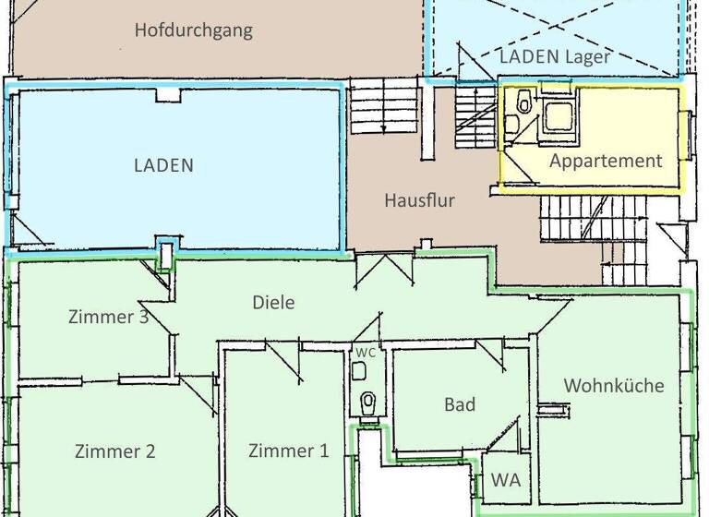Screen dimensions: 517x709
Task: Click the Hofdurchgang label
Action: point(193,30)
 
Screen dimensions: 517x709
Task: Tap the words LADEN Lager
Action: point(554,56)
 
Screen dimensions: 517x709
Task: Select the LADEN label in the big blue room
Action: point(163,166)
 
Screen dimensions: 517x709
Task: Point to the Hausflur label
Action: point(419,199)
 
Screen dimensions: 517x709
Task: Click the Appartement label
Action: point(606,161)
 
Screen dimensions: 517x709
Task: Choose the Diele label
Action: point(273,302)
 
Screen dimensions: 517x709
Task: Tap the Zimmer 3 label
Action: point(108,317)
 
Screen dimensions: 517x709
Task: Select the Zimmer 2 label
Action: point(114,451)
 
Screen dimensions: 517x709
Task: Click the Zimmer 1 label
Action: point(288,451)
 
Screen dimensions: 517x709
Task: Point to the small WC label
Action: point(366,354)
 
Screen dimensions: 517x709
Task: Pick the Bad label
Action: point(460,404)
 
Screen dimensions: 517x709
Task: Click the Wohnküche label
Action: point(614,386)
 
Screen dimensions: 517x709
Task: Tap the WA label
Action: point(504,480)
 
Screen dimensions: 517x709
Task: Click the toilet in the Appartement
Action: point(523,102)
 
